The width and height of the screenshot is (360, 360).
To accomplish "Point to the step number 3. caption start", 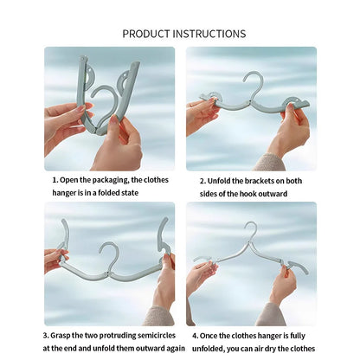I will (46, 334).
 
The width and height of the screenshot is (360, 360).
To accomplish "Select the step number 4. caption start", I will (195, 334).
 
